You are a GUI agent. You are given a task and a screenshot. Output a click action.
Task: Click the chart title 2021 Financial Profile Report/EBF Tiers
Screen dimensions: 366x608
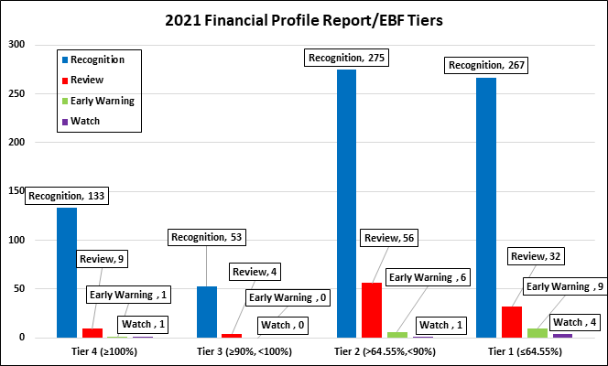coord(303,19)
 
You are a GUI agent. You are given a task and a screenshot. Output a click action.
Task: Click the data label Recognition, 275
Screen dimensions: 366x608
coord(346,58)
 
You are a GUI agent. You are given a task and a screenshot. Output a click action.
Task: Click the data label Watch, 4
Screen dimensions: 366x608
coord(576,322)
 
